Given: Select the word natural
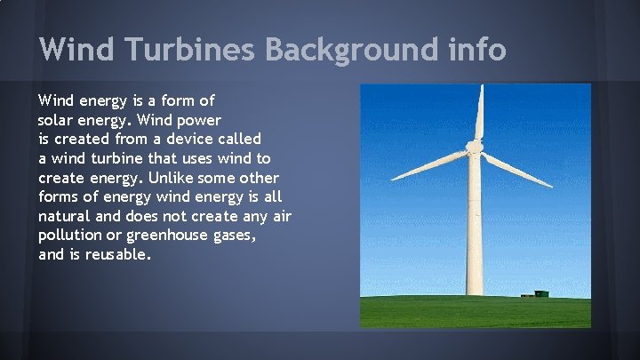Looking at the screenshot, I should [x=65, y=216].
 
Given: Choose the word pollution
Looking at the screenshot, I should [x=69, y=236].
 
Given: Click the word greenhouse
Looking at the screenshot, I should [x=167, y=236].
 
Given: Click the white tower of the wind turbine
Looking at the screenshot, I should [x=475, y=231].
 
